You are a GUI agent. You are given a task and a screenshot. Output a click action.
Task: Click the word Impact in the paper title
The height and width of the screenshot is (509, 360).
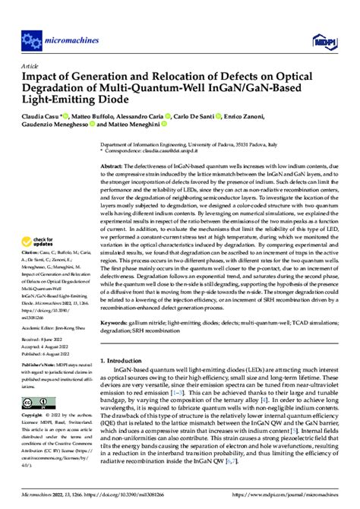coord(43,77)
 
